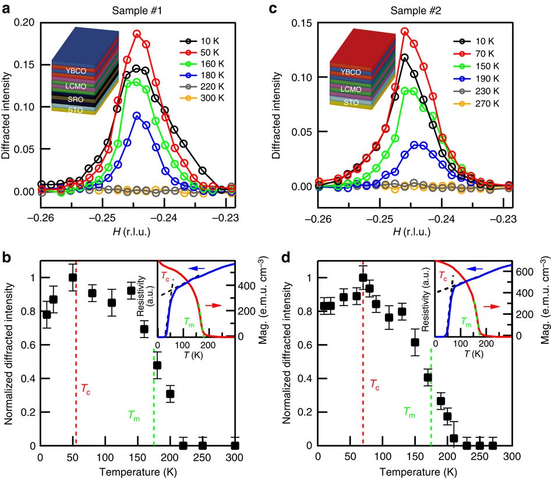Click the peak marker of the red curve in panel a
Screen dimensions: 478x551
(137, 34)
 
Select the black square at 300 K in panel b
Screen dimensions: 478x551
(235, 445)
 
